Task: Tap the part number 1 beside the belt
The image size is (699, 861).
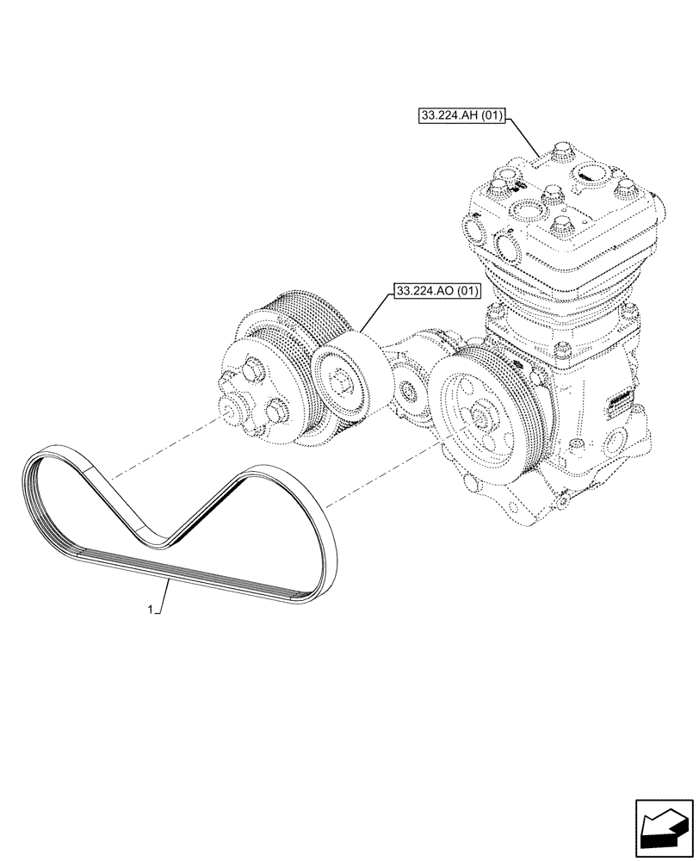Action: [151, 610]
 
